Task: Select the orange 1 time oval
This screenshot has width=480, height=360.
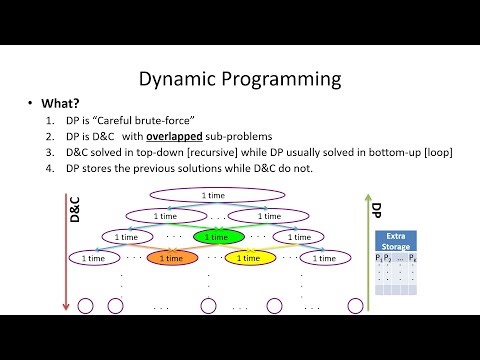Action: tap(171, 258)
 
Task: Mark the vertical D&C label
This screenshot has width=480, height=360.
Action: tap(72, 211)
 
